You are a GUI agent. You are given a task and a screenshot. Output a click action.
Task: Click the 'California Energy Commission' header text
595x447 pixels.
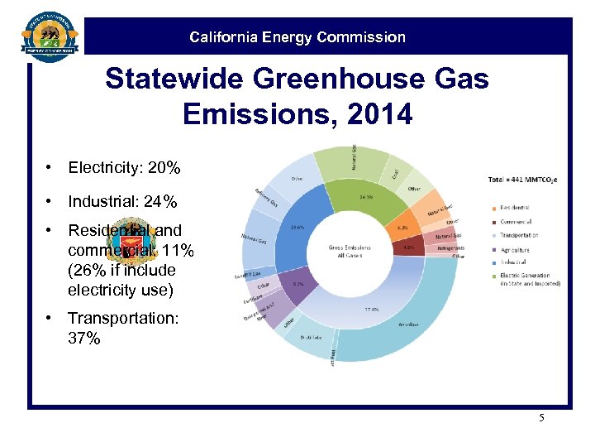[297, 37]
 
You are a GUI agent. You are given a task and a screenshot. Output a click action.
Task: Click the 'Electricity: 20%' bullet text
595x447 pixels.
[124, 168]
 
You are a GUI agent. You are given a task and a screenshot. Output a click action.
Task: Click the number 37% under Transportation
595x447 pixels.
[83, 338]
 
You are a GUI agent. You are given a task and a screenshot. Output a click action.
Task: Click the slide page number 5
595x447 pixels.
[541, 417]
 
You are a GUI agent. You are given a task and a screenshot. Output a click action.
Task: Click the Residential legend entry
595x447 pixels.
[513, 207]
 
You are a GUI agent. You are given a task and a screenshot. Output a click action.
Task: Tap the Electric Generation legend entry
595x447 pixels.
[530, 275]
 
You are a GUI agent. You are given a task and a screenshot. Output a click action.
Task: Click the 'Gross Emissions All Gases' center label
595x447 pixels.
[348, 252]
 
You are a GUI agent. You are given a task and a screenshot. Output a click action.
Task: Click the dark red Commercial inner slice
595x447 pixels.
[407, 246]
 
